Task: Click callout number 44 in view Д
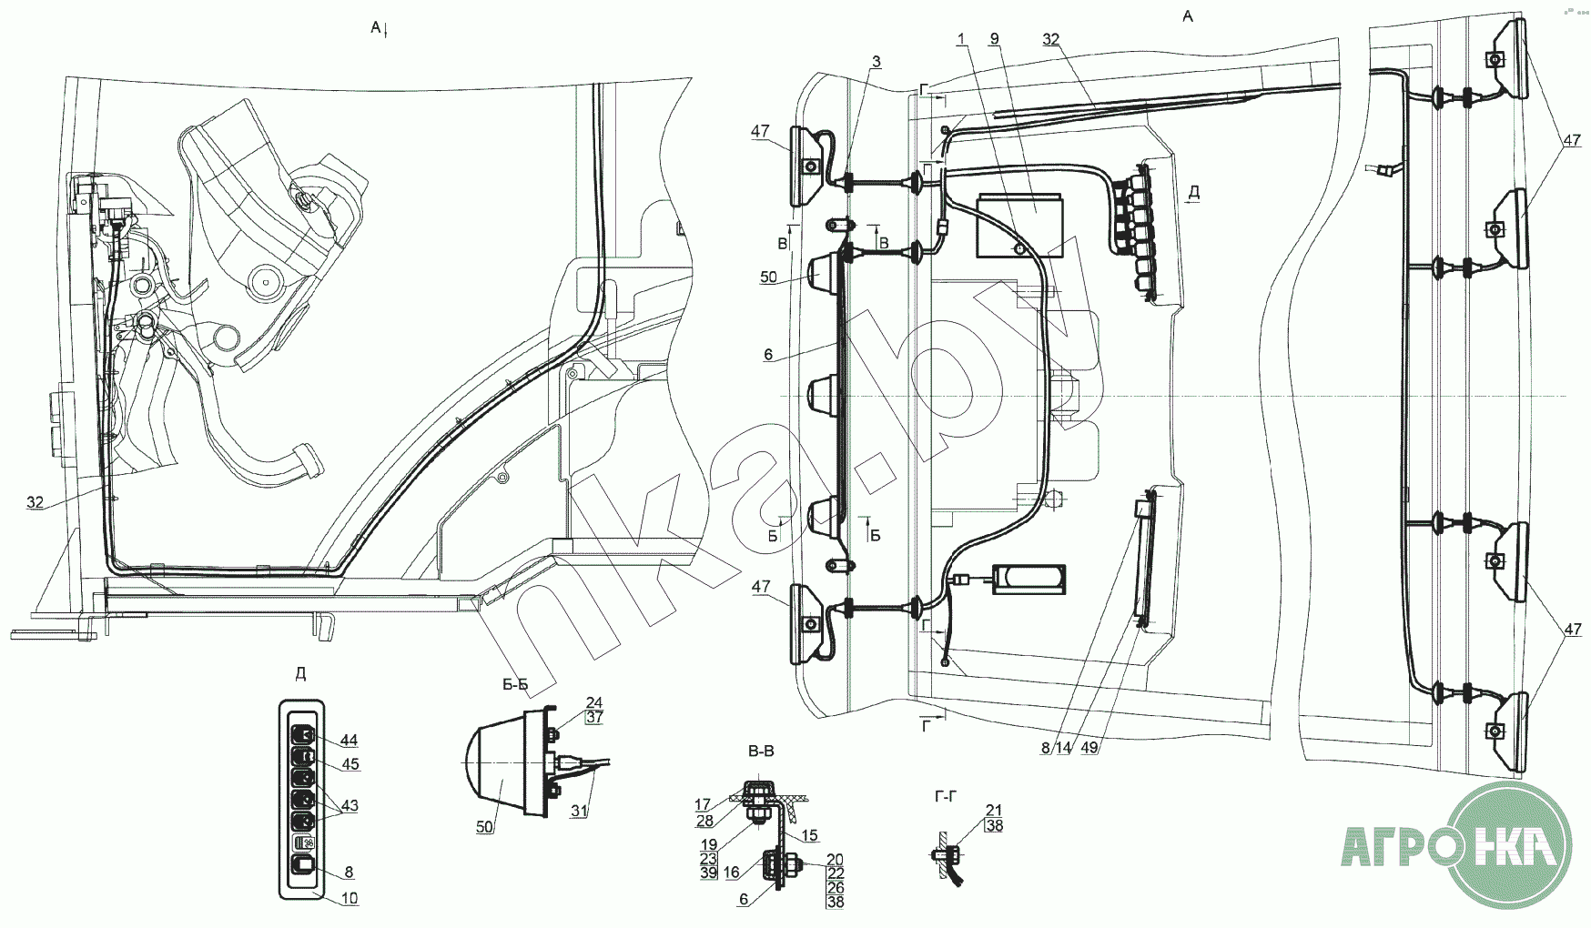tap(349, 739)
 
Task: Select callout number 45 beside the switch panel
tap(349, 764)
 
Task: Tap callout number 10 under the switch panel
tap(349, 898)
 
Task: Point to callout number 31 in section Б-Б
tap(580, 812)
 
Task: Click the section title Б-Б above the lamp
tap(515, 685)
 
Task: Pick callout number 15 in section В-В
tap(809, 835)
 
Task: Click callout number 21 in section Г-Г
tap(994, 811)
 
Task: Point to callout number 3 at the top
tap(876, 62)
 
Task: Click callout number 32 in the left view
tap(35, 502)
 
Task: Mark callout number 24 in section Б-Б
tap(593, 702)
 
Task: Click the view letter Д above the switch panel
tap(300, 674)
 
